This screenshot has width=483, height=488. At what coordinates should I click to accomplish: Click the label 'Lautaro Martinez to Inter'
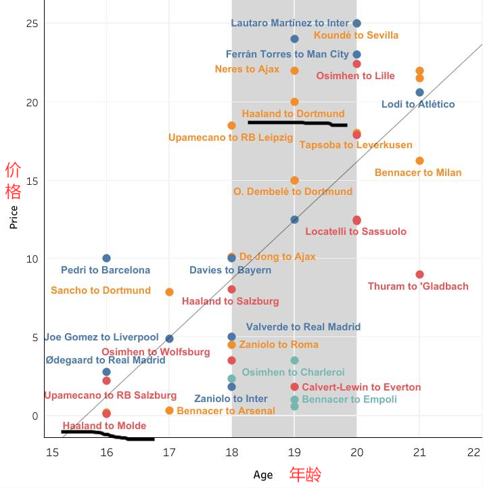(x=290, y=23)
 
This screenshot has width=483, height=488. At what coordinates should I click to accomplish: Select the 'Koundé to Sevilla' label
(x=356, y=35)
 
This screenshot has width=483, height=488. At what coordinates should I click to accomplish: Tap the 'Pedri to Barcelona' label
(x=106, y=270)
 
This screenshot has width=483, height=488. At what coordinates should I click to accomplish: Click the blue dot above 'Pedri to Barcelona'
(x=106, y=259)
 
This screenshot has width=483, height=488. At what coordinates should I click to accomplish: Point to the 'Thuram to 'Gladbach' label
(x=418, y=286)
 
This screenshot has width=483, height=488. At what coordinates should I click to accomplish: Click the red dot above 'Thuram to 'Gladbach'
(x=419, y=274)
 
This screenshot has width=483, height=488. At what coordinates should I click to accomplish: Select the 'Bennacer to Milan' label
(x=418, y=173)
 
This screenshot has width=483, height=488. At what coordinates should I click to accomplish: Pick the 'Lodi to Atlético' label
(x=418, y=104)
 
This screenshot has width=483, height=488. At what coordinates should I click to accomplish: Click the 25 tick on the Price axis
(x=31, y=24)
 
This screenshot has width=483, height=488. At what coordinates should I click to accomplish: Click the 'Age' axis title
(x=262, y=474)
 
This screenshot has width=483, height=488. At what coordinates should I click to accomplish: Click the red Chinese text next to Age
(x=306, y=474)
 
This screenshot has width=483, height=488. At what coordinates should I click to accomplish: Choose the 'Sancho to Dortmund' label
(x=101, y=290)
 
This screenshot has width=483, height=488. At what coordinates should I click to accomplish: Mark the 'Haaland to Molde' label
(x=104, y=426)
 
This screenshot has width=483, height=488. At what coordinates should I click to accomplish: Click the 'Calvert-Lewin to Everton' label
(x=361, y=387)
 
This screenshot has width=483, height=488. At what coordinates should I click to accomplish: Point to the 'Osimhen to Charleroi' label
(x=293, y=372)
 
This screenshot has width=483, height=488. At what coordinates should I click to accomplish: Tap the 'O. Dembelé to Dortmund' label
(x=293, y=192)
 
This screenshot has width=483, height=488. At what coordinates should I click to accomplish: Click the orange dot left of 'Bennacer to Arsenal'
(x=169, y=410)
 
